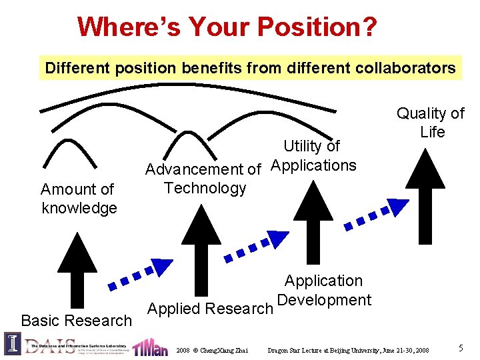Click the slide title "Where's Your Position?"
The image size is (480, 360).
[x=227, y=27]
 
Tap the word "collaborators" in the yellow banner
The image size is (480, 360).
[x=409, y=68]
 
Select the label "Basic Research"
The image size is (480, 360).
[x=77, y=321]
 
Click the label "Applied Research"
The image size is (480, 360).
[x=210, y=309]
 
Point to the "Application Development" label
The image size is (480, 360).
[x=324, y=291]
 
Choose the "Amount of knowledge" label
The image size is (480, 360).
[x=79, y=199]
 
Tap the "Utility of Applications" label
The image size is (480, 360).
[x=313, y=155]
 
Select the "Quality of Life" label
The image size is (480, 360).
[x=431, y=123]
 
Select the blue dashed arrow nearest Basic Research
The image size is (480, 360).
[x=140, y=275]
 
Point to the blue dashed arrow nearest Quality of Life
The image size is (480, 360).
[x=374, y=215]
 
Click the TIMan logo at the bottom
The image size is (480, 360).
[x=149, y=347]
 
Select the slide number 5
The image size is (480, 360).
[x=461, y=347]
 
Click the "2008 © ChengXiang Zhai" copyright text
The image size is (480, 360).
[x=212, y=350]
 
